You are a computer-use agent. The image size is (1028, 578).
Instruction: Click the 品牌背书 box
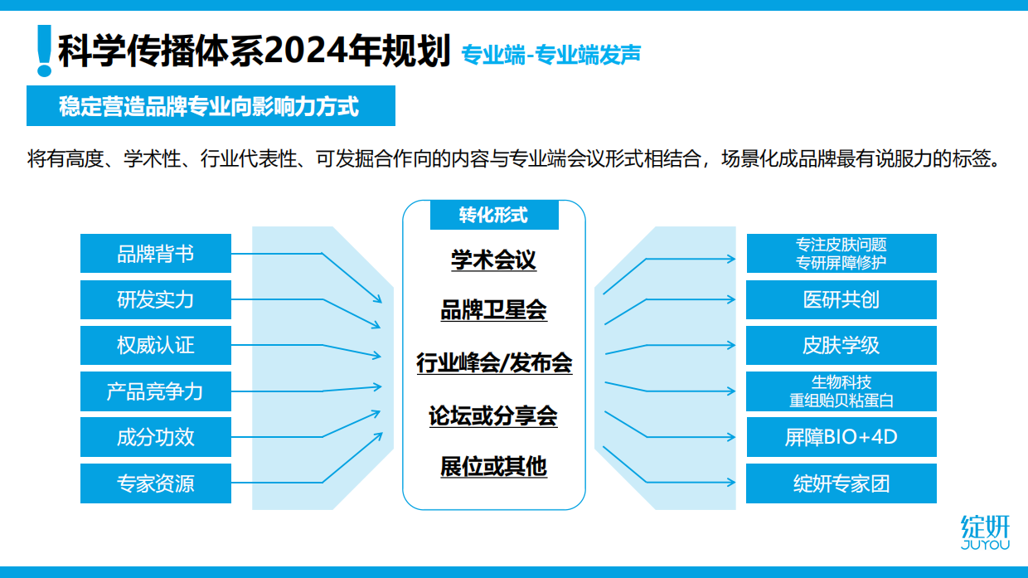(x=155, y=253)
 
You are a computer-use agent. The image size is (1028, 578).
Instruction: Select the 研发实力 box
(x=155, y=299)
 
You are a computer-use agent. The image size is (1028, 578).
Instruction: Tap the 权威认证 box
(x=155, y=345)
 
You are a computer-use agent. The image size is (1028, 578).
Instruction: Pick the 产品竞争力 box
(x=155, y=391)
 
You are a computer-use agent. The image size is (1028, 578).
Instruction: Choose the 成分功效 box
(x=155, y=437)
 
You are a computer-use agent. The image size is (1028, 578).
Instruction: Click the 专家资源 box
(x=155, y=483)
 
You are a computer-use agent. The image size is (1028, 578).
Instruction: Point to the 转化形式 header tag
(x=493, y=216)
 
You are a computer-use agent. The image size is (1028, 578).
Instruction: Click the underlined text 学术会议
(x=493, y=260)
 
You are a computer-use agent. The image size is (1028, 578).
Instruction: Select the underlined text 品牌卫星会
(x=493, y=311)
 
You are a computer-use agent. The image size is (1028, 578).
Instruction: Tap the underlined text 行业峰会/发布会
(x=493, y=362)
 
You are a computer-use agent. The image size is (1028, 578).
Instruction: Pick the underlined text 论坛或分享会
(x=493, y=415)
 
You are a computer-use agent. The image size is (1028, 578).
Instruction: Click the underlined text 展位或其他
(x=493, y=466)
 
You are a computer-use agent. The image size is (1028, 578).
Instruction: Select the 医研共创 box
(x=841, y=299)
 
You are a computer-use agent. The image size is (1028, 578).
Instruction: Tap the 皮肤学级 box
(x=841, y=345)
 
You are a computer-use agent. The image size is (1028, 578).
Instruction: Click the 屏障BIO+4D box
(x=841, y=437)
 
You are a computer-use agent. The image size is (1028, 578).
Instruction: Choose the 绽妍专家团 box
(x=841, y=483)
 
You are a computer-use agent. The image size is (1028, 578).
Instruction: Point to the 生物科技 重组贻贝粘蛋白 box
(x=841, y=391)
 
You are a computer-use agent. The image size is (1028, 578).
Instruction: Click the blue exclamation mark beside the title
(x=45, y=51)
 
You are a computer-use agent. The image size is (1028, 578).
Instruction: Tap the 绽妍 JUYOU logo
(x=985, y=532)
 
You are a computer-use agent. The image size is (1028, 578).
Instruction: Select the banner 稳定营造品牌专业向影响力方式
(x=211, y=106)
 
